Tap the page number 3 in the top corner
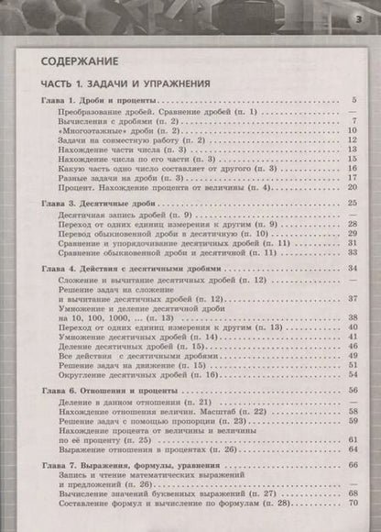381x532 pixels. click(359, 21)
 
